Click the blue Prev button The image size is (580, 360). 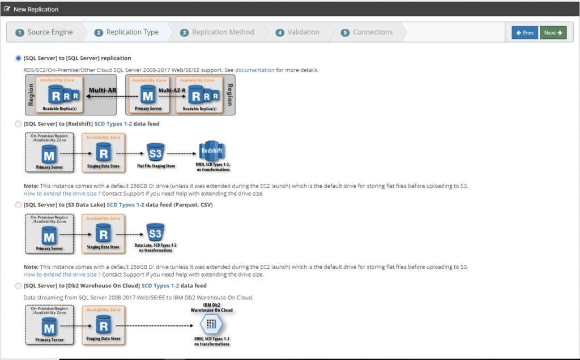pos(525,32)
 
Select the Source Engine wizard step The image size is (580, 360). pos(44,32)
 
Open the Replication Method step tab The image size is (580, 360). pos(217,32)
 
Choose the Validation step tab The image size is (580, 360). pos(297,32)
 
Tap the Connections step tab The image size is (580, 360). pos(366,32)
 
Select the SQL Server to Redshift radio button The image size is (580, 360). pos(18,124)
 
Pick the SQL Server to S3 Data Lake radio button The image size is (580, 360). pos(18,205)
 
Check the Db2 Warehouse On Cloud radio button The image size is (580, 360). pos(18,286)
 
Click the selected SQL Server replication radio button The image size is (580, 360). pos(18,58)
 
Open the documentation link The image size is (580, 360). pos(255,70)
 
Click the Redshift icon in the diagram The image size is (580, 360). pos(212,151)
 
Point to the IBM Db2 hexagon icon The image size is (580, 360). pos(211,324)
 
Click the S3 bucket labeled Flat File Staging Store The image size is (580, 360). pos(155,153)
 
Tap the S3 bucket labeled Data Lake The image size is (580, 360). pos(155,233)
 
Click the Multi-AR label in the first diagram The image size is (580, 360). pos(103,90)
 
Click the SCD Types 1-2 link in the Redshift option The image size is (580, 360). pos(113,124)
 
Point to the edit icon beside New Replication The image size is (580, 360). pos(7,9)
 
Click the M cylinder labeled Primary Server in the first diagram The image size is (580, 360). pos(148,95)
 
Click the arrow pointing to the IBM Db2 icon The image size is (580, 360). pos(155,325)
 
